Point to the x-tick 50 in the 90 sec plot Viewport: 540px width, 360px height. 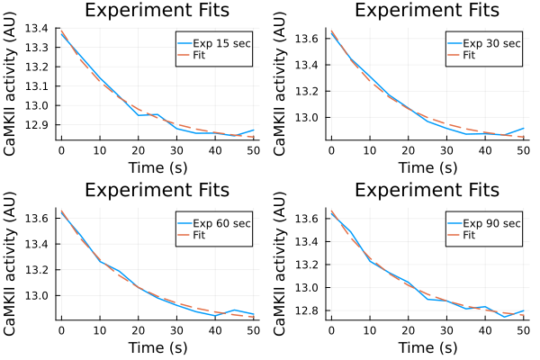pyautogui.click(x=522, y=330)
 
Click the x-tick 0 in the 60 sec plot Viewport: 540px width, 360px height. pyautogui.click(x=61, y=330)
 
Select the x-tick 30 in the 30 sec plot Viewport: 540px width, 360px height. pyautogui.click(x=445, y=150)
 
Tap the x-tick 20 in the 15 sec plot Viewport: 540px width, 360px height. pyautogui.click(x=138, y=150)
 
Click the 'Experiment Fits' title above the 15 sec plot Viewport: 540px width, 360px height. pyautogui.click(x=157, y=11)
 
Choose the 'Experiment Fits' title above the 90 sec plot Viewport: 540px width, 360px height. pyautogui.click(x=427, y=191)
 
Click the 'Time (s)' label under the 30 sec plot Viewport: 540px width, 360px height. pyautogui.click(x=427, y=167)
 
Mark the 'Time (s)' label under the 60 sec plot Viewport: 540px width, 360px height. pyautogui.click(x=157, y=347)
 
